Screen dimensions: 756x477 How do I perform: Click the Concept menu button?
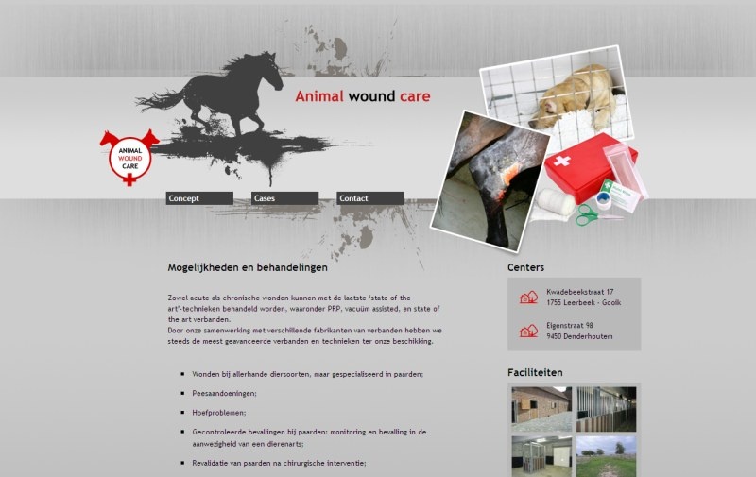[199, 198]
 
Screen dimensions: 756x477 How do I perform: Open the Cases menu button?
[284, 198]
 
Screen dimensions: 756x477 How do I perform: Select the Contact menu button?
[369, 198]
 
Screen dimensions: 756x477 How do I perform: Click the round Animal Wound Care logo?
[129, 158]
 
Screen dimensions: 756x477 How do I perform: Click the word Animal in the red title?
[319, 96]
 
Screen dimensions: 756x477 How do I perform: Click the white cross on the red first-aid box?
[561, 161]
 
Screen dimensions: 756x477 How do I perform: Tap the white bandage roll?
[555, 202]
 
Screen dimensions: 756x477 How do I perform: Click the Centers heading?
[525, 267]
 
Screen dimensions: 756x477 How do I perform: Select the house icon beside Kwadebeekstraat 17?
[528, 297]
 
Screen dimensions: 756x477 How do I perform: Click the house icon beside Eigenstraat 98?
[528, 331]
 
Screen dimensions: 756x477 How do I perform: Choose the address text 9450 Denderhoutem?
[579, 336]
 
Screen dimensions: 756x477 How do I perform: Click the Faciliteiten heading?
[535, 372]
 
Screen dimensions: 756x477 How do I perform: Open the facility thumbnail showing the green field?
[606, 456]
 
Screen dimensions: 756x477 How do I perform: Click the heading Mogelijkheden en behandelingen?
[248, 267]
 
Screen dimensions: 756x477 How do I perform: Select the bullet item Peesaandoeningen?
[224, 394]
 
